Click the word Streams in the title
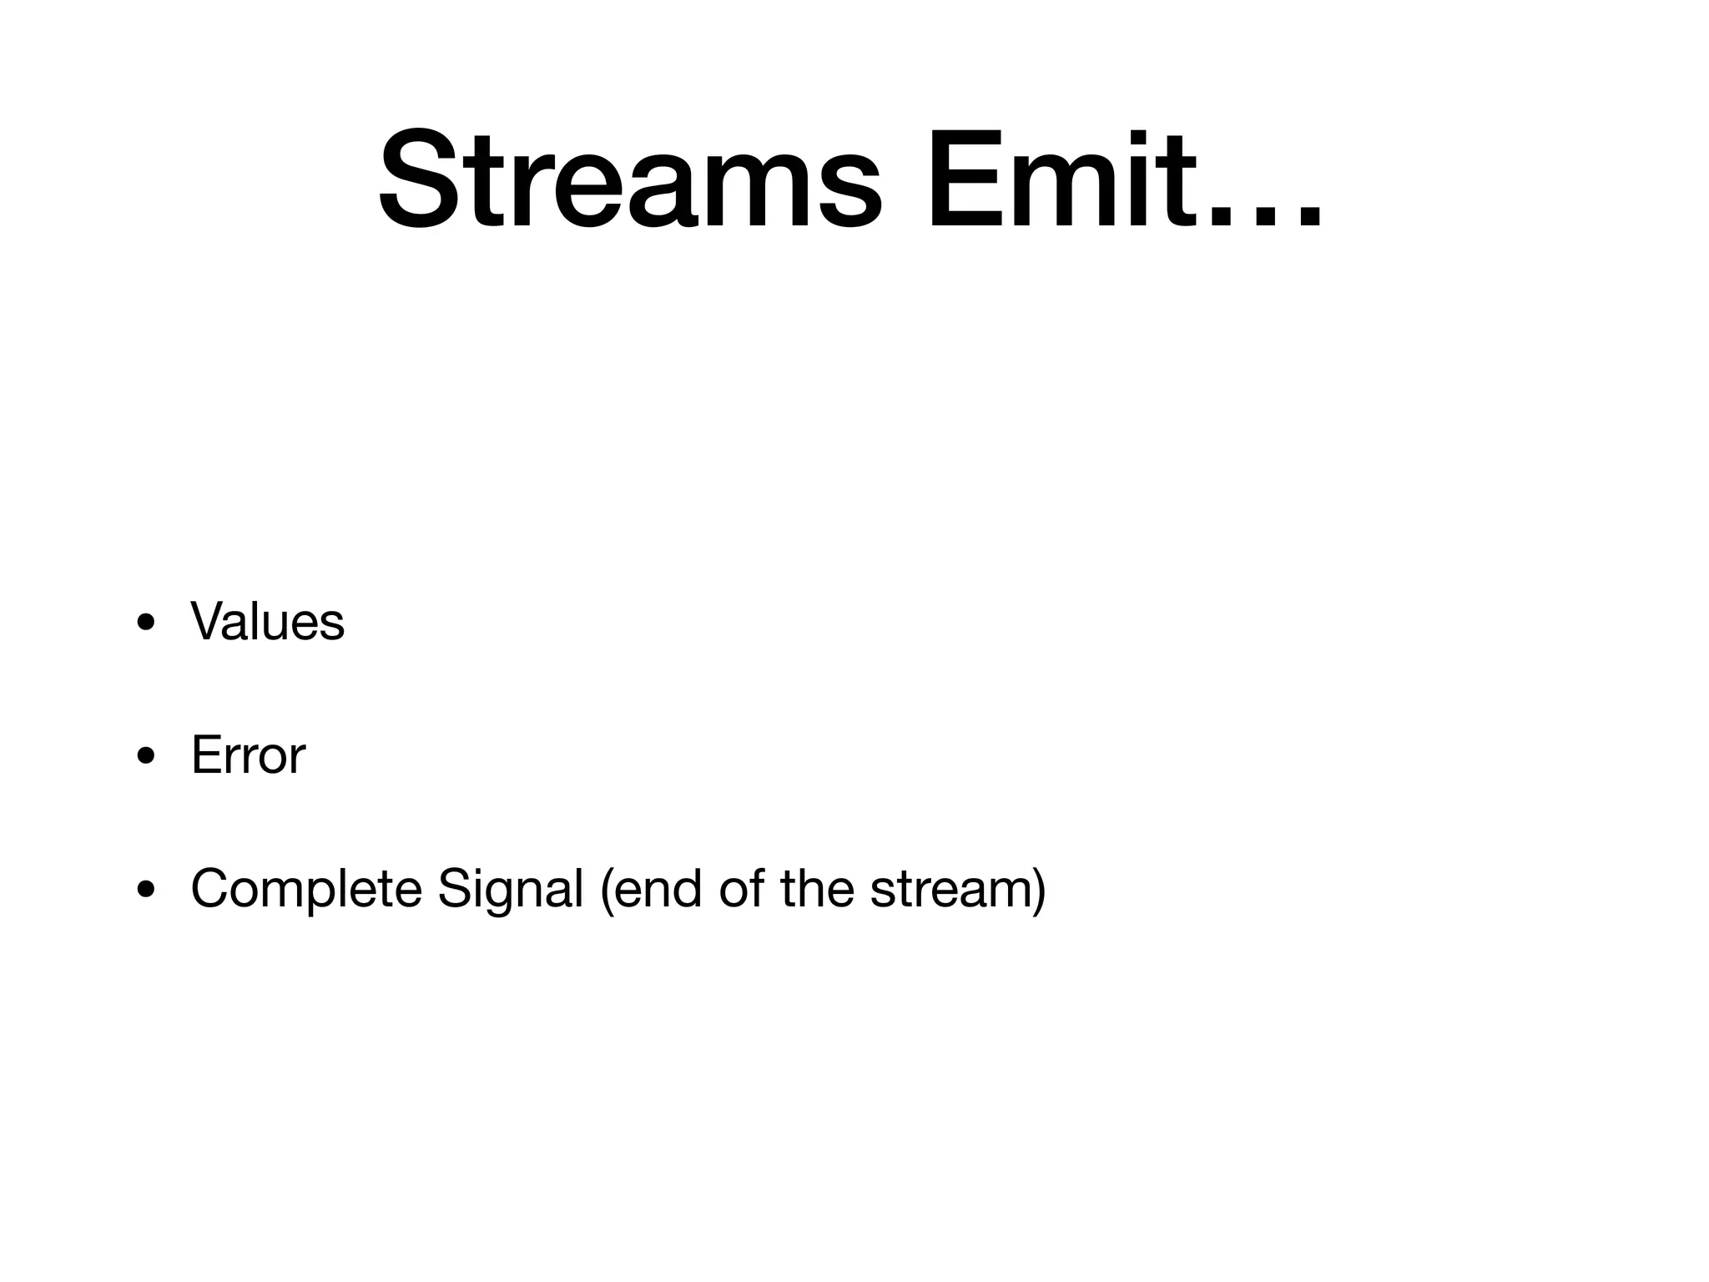(x=630, y=179)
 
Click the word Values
(x=267, y=622)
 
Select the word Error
(x=248, y=755)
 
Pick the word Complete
(x=306, y=889)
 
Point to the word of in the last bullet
(x=741, y=889)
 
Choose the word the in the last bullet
(x=817, y=889)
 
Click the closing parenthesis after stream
(x=1039, y=890)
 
